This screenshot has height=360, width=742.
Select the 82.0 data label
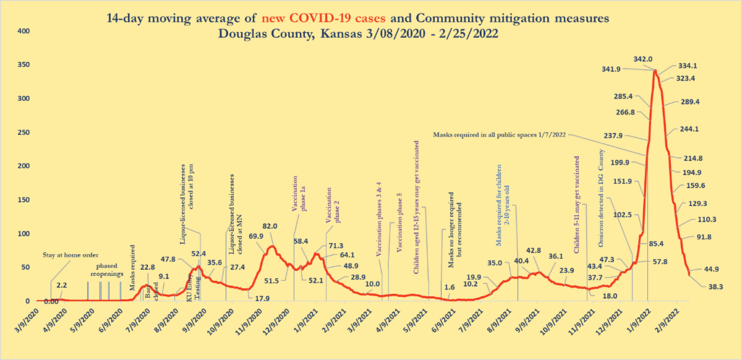click(x=270, y=226)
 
